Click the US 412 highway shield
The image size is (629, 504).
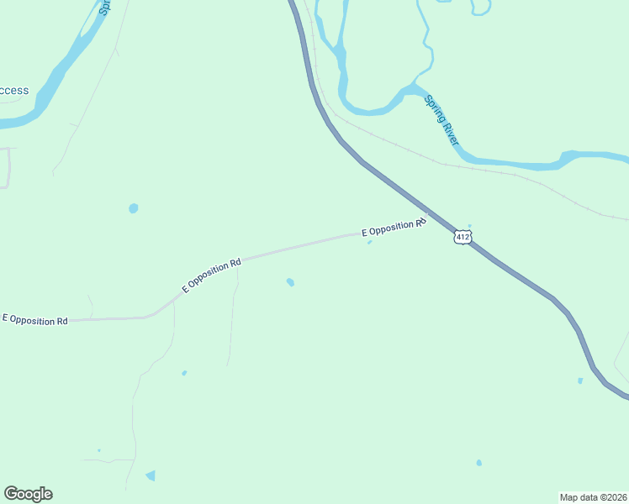462,237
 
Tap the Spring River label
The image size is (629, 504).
441,120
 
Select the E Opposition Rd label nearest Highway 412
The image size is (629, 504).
393,227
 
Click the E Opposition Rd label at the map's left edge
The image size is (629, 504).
35,320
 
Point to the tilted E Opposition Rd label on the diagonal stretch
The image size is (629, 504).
212,275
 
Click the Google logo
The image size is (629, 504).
28,494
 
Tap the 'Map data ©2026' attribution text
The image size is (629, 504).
594,496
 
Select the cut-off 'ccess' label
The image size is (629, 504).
14,91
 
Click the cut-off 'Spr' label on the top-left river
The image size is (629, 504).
104,7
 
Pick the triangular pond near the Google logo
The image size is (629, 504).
151,475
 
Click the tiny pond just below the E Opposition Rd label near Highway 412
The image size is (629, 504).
369,243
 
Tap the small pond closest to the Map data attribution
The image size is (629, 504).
479,463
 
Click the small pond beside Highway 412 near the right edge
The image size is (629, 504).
580,381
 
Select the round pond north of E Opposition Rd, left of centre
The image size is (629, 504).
133,208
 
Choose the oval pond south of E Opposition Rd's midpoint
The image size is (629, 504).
290,282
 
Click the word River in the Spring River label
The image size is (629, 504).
450,132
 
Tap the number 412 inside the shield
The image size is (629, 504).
462,237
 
